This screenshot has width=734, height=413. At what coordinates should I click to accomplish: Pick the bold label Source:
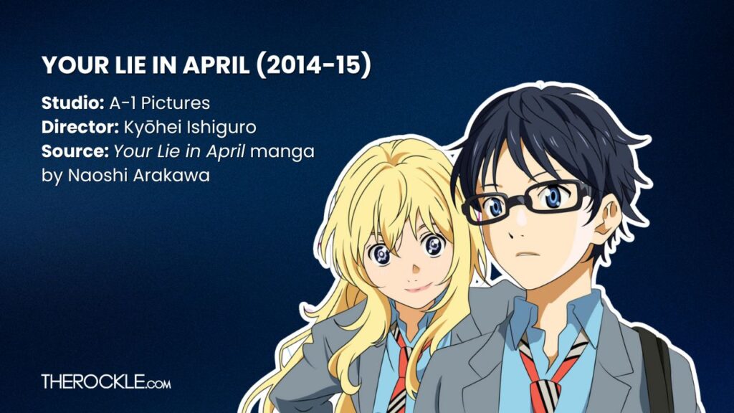pyautogui.click(x=75, y=152)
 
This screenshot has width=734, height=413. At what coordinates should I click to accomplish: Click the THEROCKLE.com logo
pyautogui.click(x=106, y=381)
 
